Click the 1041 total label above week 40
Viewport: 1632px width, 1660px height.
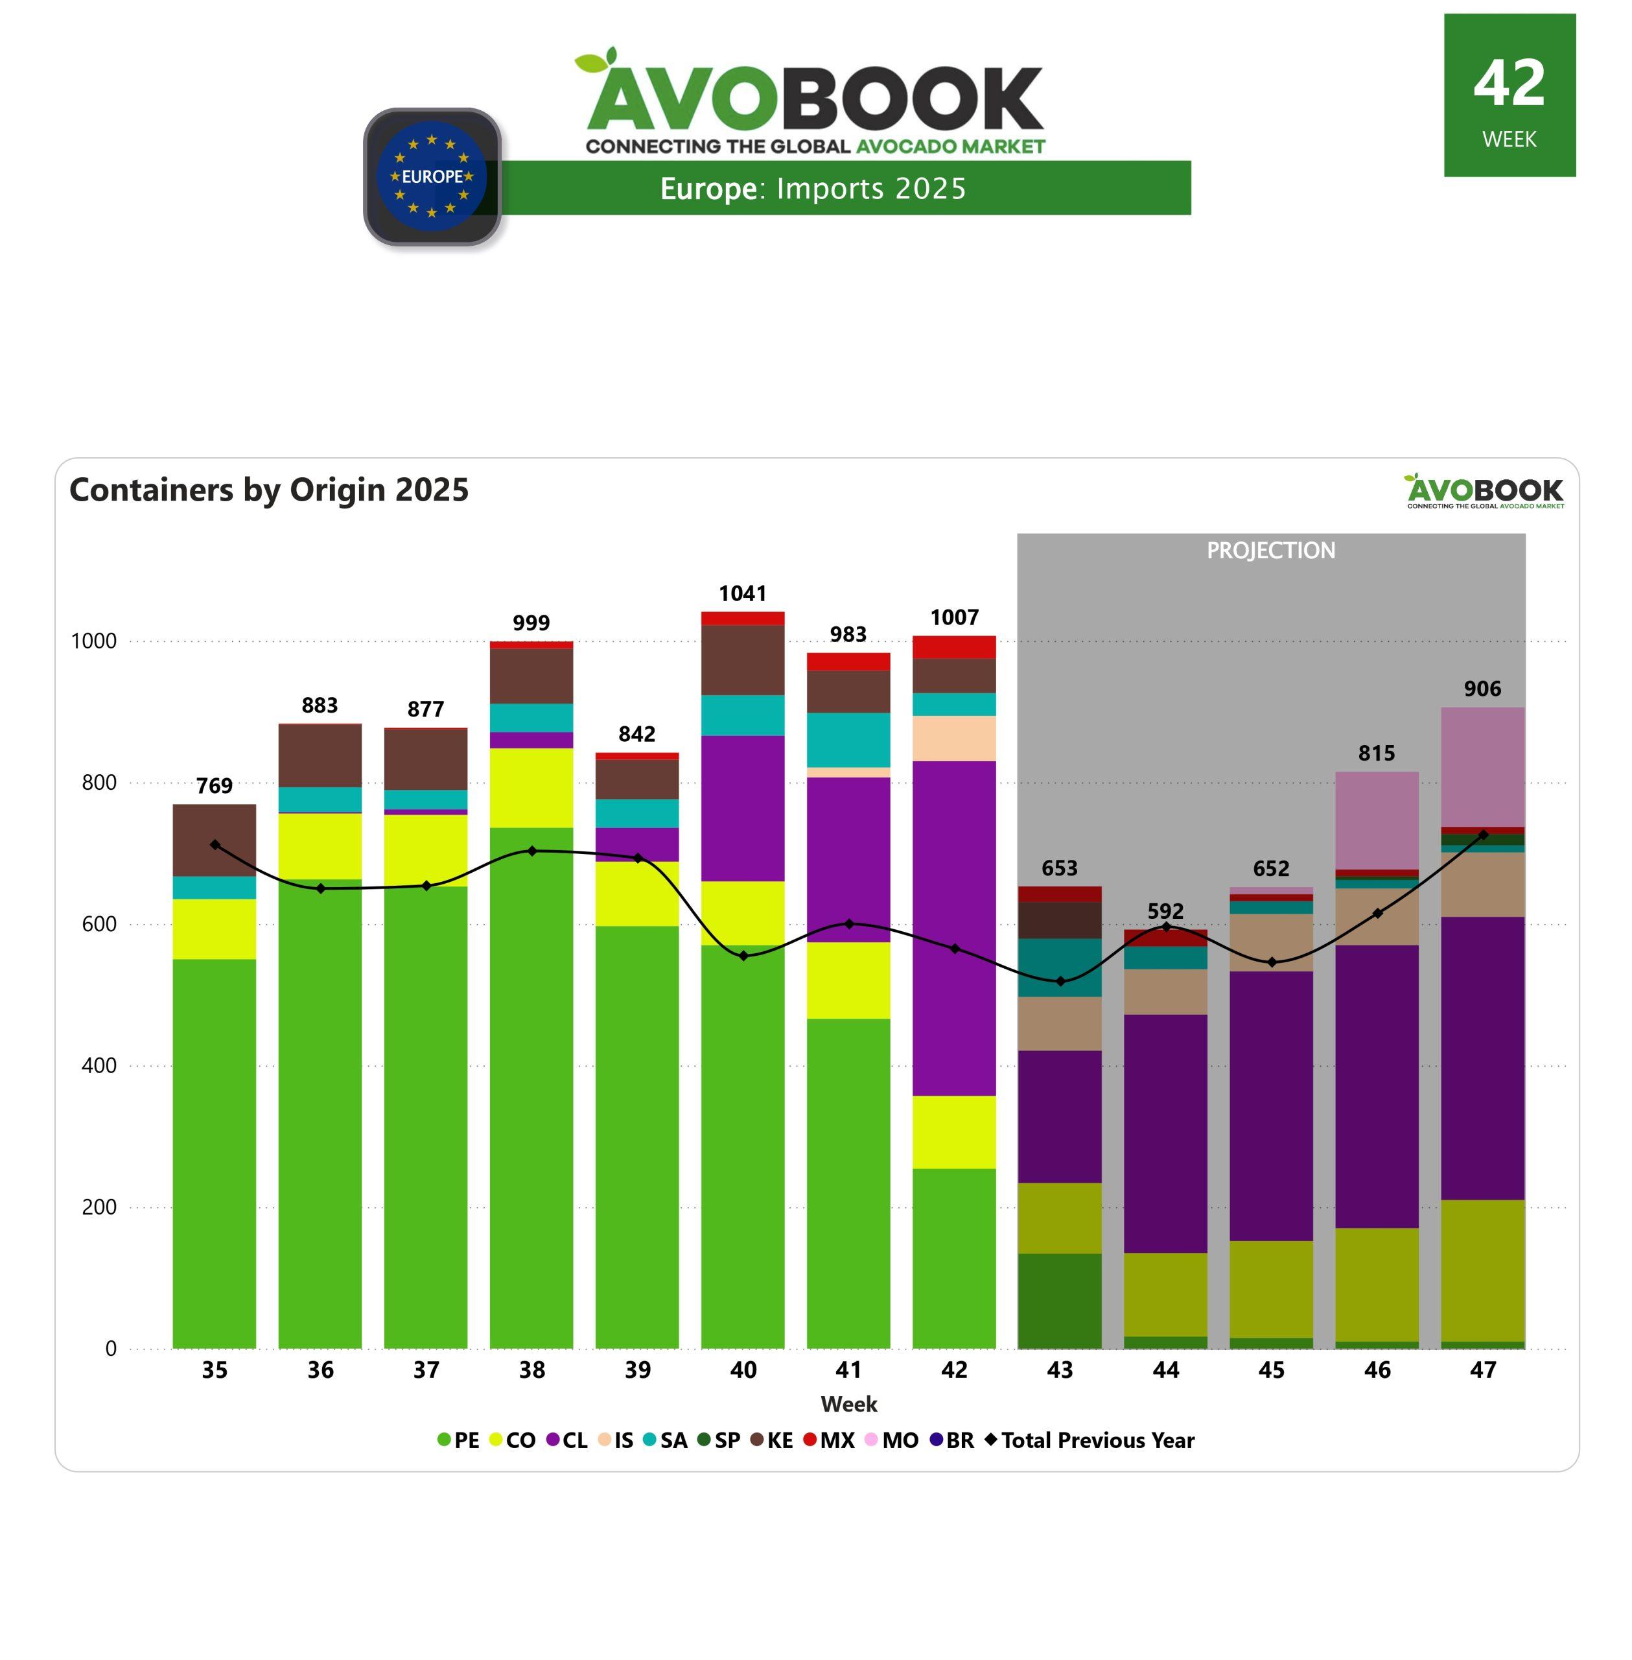tap(742, 593)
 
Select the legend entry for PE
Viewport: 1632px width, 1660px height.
tap(459, 1440)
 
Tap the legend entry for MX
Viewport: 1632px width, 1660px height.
tap(829, 1440)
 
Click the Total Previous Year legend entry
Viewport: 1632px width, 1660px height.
tap(1090, 1440)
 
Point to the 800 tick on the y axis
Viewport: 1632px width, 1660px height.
tap(99, 782)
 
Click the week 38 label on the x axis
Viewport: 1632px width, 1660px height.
tap(531, 1369)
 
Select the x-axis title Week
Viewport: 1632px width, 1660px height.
tap(848, 1404)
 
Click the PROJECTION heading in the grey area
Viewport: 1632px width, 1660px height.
tap(1270, 551)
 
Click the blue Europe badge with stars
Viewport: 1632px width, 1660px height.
tap(432, 176)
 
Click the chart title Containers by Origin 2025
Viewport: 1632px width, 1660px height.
tap(269, 490)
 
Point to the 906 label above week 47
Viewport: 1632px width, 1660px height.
tap(1482, 689)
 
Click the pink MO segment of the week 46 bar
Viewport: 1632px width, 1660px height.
tap(1377, 820)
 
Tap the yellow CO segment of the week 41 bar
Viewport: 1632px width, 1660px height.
tap(848, 980)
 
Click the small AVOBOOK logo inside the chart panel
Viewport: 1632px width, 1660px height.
tap(1484, 492)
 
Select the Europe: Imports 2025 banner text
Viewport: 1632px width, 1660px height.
tap(813, 189)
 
